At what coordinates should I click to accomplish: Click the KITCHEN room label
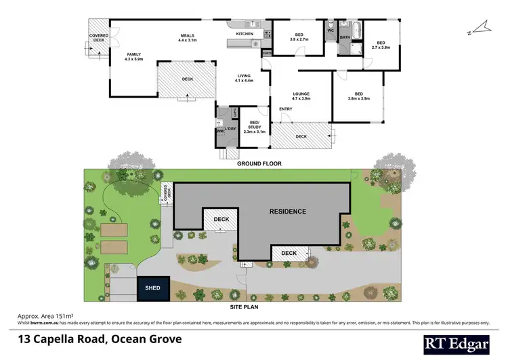coord(245,33)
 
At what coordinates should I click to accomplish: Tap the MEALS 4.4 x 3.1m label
coord(187,39)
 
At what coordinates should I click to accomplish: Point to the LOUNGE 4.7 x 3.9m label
coord(301,96)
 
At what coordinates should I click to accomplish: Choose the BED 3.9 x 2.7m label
coord(299,37)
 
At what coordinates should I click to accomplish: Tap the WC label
coord(331,31)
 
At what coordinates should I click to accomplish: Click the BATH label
coord(345,37)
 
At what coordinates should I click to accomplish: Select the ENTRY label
coord(285,108)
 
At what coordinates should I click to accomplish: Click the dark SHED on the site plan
coord(153,287)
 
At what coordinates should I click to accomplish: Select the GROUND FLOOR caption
coord(259,164)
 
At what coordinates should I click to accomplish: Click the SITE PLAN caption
coord(245,307)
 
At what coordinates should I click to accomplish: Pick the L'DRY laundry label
coord(230,129)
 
